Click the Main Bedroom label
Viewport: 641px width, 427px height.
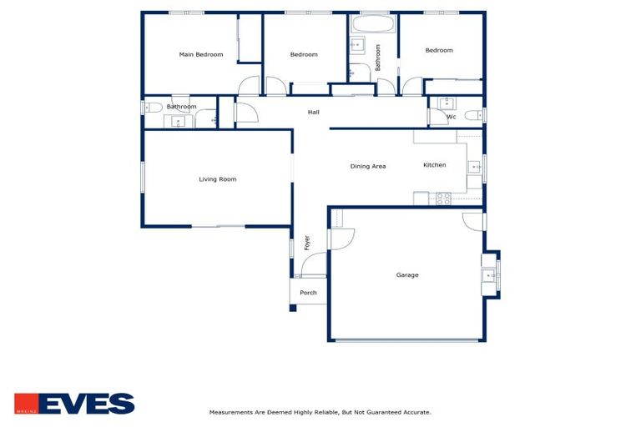(x=201, y=55)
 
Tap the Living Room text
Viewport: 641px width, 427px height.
(x=217, y=179)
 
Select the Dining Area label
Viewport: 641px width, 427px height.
(x=367, y=167)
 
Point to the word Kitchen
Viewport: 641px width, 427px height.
(x=434, y=165)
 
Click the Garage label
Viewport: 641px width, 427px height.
(x=407, y=275)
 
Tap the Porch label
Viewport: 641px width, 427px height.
(x=308, y=293)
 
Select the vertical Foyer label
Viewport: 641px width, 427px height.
(x=307, y=243)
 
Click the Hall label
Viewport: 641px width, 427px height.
(x=313, y=113)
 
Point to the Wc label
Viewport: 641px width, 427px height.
(x=451, y=117)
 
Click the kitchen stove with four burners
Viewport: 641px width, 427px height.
(x=443, y=198)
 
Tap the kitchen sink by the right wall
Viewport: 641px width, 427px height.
(x=476, y=168)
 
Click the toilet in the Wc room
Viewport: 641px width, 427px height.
(x=472, y=115)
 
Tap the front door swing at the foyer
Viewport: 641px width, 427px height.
(x=313, y=266)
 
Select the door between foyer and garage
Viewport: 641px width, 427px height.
(x=341, y=239)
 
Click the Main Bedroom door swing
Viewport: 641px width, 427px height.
(x=249, y=87)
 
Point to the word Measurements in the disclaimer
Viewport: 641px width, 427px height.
(x=231, y=412)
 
